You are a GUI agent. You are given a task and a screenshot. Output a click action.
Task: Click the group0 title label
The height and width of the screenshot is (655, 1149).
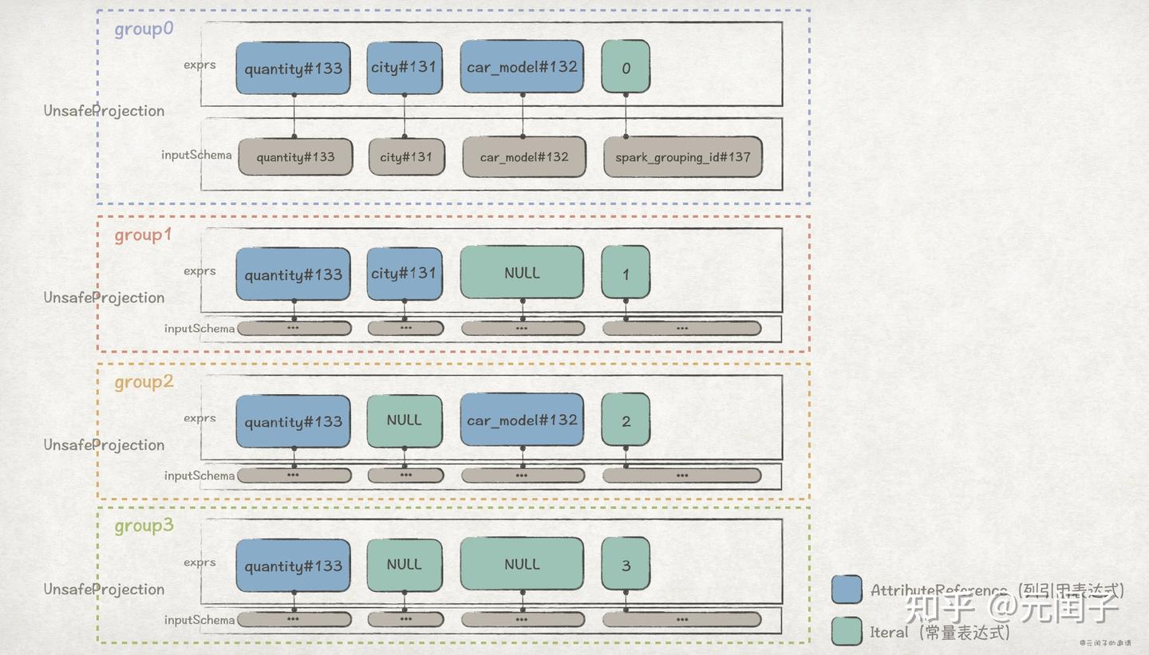click(x=144, y=30)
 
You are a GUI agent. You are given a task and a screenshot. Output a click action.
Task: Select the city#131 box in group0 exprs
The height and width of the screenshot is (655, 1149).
click(x=404, y=68)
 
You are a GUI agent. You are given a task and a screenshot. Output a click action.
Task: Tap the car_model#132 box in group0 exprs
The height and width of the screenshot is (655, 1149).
click(x=522, y=67)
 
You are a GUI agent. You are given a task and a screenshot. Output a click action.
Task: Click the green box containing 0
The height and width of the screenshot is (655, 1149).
click(x=626, y=68)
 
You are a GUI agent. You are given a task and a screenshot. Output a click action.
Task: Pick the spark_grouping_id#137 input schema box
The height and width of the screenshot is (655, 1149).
click(x=682, y=156)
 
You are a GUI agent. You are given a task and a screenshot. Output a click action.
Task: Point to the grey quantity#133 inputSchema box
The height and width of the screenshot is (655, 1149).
click(x=295, y=156)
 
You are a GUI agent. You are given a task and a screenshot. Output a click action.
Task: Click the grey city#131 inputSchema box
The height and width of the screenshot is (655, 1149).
click(x=405, y=156)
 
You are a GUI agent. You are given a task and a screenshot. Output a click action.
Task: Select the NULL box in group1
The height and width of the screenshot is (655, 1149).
click(x=522, y=273)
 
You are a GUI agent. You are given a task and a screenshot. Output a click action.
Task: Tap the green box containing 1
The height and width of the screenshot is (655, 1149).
click(x=626, y=273)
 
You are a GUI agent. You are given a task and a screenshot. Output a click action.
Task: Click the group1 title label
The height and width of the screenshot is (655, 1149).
click(x=143, y=235)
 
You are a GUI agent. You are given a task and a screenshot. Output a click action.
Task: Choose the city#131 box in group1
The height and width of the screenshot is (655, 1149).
click(x=404, y=273)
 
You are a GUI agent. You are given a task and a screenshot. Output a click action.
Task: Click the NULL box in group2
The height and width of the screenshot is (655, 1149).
click(x=404, y=420)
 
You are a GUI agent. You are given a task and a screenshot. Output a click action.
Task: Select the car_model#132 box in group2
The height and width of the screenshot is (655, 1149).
click(x=522, y=420)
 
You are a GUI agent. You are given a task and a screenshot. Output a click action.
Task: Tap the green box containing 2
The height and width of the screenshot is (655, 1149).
click(x=626, y=420)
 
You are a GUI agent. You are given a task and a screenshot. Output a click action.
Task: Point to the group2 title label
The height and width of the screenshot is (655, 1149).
click(x=144, y=382)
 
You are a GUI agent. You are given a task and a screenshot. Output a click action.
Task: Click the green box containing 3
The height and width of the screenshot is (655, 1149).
click(x=626, y=565)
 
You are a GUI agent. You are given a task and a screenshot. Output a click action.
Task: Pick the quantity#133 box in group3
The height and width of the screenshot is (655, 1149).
click(x=293, y=565)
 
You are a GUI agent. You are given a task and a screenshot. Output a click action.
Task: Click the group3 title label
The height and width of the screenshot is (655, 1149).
click(x=144, y=527)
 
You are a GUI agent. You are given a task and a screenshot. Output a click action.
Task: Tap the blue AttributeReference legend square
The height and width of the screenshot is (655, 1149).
click(x=847, y=590)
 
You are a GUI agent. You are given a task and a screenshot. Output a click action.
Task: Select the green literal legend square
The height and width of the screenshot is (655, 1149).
click(x=847, y=632)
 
